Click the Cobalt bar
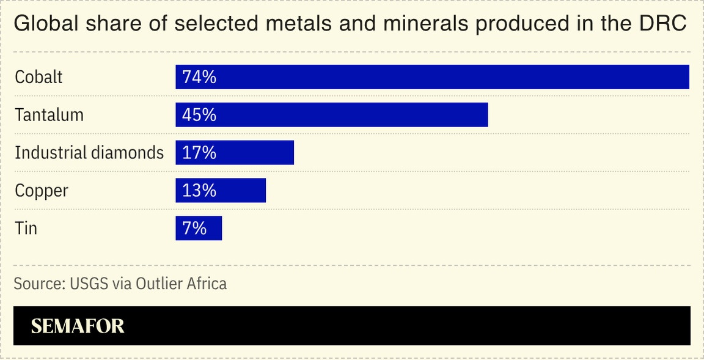coord(432,77)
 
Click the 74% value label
coord(199,77)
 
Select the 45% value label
coord(199,115)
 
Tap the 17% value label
coord(199,153)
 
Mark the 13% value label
coord(199,191)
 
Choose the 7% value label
coord(194,229)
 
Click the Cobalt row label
coord(38,77)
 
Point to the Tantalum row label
coord(49,115)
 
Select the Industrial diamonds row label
coord(89,153)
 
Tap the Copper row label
coord(42,191)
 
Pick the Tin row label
coord(26,229)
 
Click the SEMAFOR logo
coord(78,326)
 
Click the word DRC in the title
coord(663,24)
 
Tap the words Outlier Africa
coord(181,284)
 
